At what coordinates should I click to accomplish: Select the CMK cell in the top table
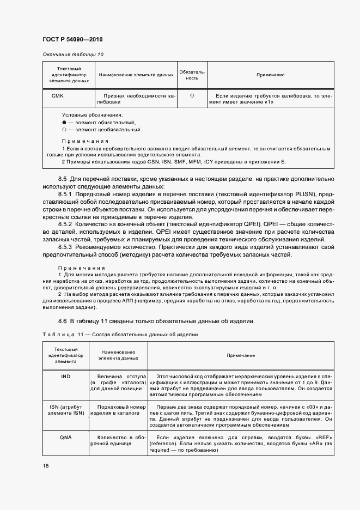pos(57,95)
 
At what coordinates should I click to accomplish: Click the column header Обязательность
pos(192,75)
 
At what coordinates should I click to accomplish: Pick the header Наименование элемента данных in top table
pos(135,75)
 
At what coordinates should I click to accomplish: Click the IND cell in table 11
pos(65,377)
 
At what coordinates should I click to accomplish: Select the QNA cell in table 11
pos(65,437)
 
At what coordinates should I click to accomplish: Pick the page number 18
pos(46,466)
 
